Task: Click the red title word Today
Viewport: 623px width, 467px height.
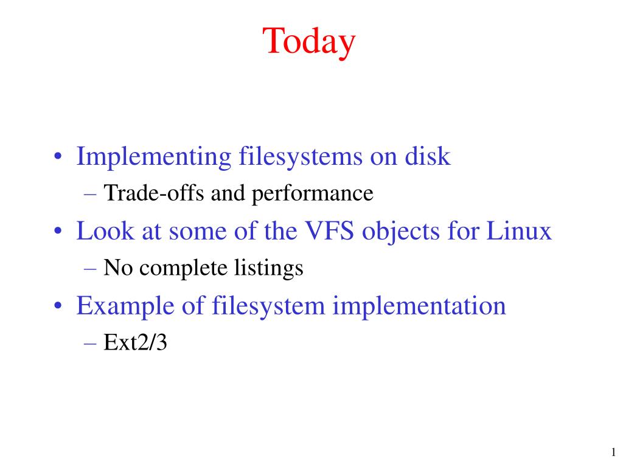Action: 308,42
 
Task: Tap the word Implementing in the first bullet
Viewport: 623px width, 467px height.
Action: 154,157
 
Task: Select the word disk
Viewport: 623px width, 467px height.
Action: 428,156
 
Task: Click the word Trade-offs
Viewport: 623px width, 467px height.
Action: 154,193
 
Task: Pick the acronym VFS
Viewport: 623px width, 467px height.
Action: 329,230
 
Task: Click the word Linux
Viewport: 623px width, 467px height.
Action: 519,230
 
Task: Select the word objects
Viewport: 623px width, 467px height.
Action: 400,232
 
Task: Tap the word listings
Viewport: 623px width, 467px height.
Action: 268,268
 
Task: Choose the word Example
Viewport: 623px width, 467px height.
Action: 125,306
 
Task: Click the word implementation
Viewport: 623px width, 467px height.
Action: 419,306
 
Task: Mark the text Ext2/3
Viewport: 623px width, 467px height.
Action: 135,342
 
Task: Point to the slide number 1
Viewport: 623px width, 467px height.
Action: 613,452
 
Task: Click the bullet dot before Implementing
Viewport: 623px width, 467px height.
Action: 58,156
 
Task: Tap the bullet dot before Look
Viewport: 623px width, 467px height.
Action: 58,231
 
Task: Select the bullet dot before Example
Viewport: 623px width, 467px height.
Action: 58,306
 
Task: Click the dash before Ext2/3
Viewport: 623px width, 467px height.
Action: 90,344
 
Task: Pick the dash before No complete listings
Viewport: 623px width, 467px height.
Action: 90,269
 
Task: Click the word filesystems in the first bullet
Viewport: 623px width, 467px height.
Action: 301,157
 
